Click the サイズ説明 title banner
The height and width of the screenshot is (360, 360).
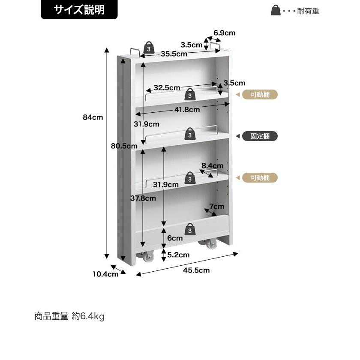(x=79, y=10)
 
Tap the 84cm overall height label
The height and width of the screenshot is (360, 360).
(x=93, y=117)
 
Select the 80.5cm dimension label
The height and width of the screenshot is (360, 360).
(x=124, y=146)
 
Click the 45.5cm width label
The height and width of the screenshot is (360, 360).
(x=196, y=270)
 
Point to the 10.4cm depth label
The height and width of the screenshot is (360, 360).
(x=105, y=274)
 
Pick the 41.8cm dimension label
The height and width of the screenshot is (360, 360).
(x=187, y=110)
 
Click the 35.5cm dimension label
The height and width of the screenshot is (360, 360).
(x=174, y=54)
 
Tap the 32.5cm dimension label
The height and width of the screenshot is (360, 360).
(x=167, y=87)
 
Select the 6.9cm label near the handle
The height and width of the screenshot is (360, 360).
(x=224, y=33)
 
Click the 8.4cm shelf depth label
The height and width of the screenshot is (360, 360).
(x=213, y=165)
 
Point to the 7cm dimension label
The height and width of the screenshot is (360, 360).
(x=217, y=207)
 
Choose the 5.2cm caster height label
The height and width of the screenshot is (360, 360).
(x=178, y=255)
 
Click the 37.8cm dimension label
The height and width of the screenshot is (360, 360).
(x=143, y=198)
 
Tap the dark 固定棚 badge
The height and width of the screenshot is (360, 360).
(x=260, y=136)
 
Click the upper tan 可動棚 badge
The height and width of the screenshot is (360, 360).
(x=260, y=95)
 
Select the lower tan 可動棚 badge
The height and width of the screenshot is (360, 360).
(x=260, y=178)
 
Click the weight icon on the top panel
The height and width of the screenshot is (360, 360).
(x=149, y=48)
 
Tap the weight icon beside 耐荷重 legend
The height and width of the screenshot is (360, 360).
(x=276, y=10)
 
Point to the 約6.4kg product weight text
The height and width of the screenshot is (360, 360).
(x=88, y=316)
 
